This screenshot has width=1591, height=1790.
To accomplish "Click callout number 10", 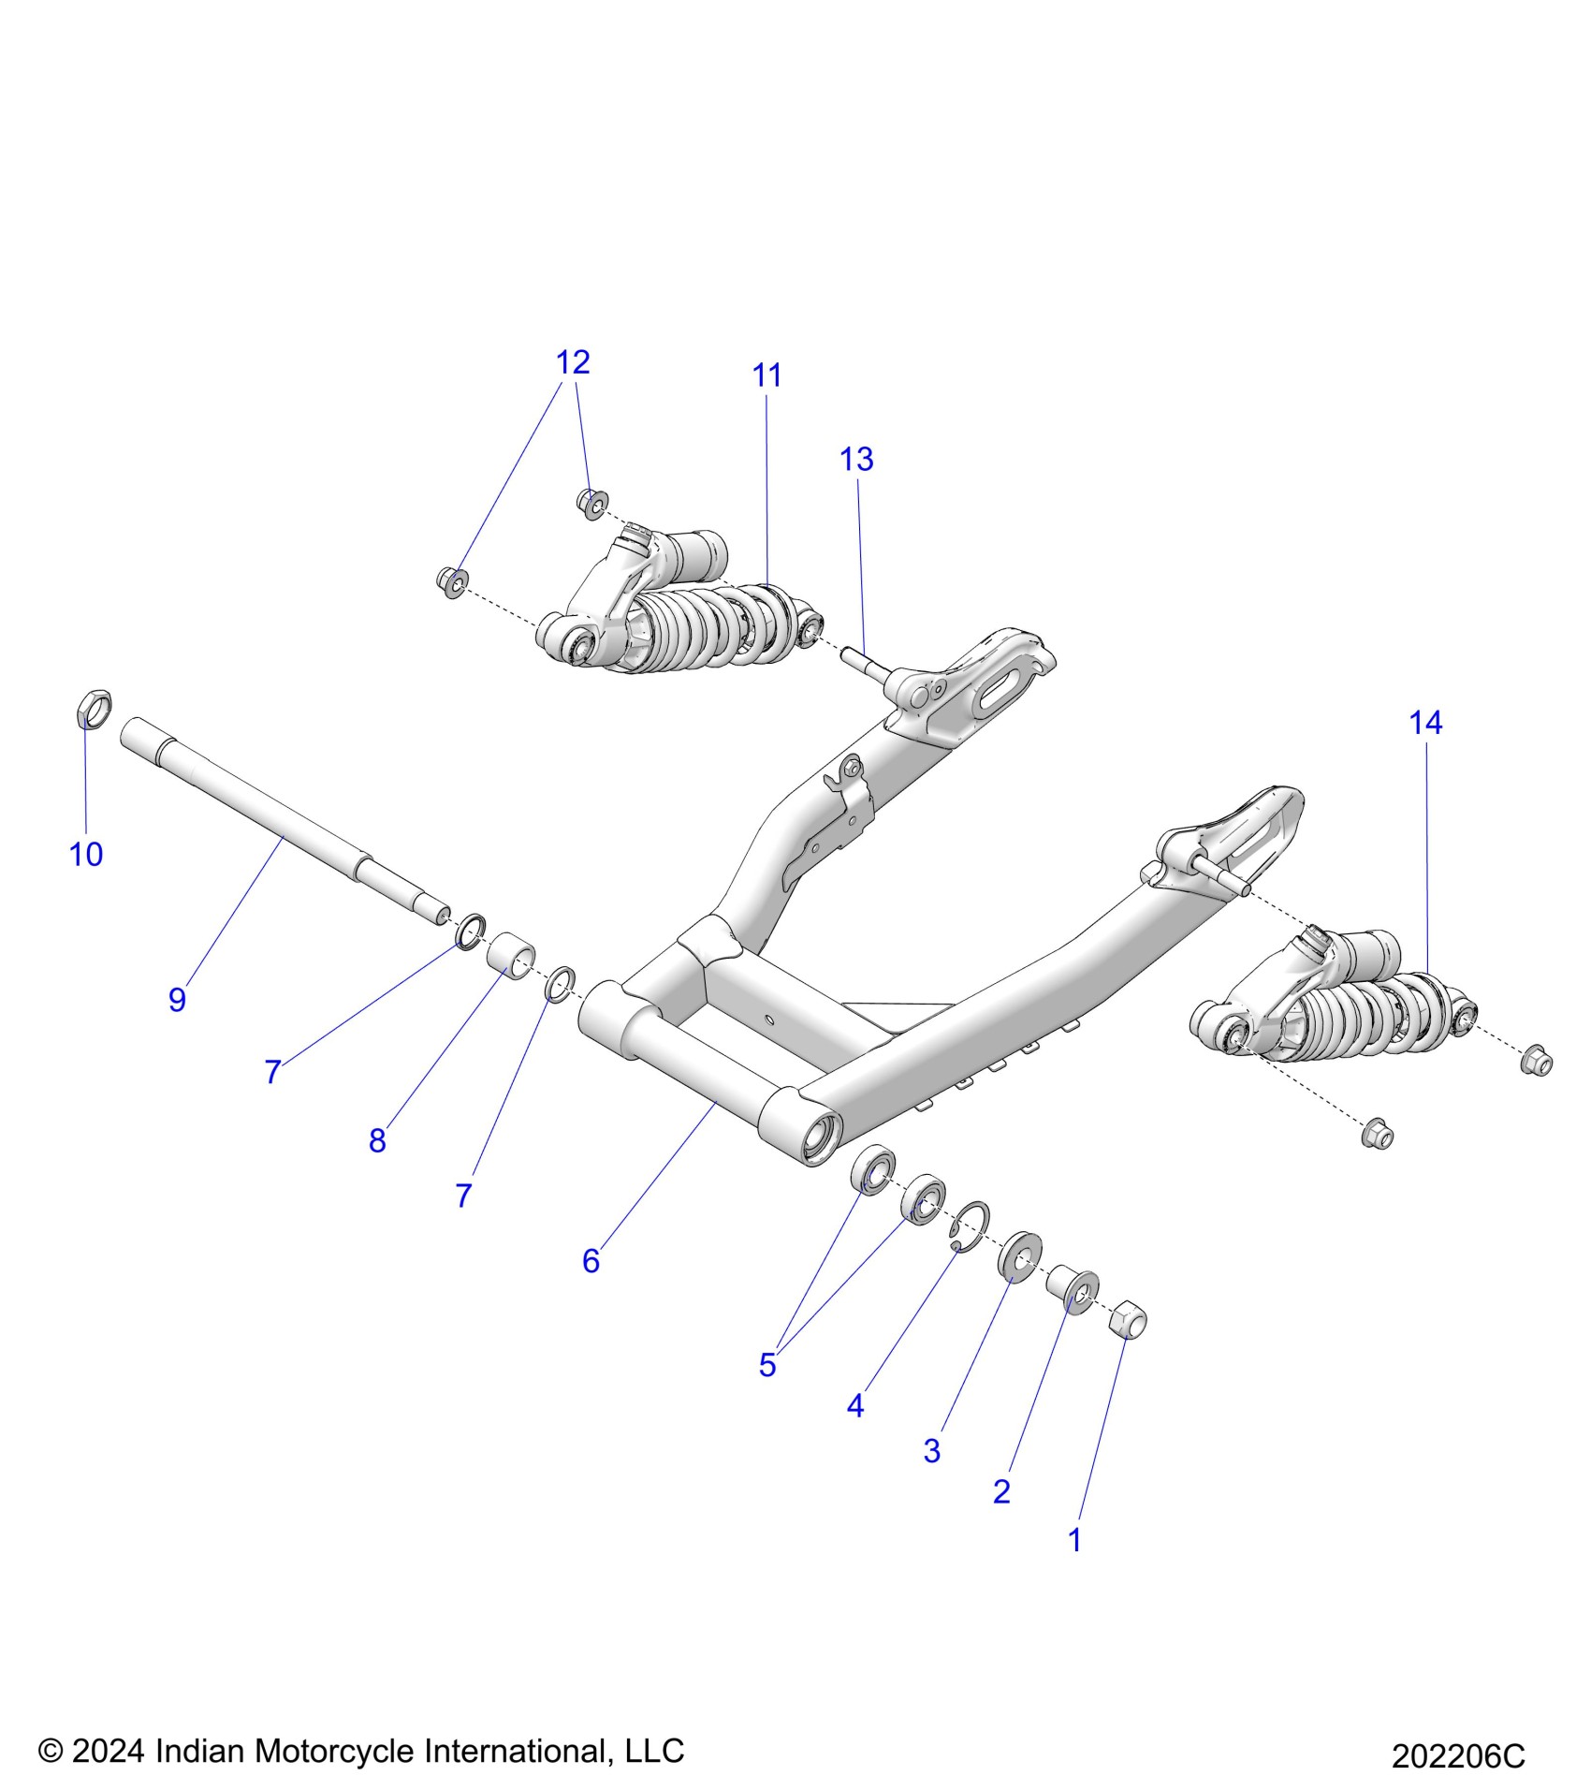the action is point(86,854).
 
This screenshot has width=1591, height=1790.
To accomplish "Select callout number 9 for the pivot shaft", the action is point(177,999).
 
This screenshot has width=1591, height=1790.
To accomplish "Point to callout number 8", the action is point(377,1140).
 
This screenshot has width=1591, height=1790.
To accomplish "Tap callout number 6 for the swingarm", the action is point(591,1261).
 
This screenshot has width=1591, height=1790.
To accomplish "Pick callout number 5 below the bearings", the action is point(767,1365).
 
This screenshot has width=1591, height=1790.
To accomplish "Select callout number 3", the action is point(931,1450).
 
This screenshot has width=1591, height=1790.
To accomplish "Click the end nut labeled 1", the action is point(1127,1319).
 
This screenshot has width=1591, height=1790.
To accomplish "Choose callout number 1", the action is point(1074,1539).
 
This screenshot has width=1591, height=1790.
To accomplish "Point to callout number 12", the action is point(573,362).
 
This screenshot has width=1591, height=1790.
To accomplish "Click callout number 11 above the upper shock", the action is point(766,375).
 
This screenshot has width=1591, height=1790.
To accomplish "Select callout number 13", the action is point(855,459).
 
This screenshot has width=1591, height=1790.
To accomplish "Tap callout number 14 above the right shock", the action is point(1425,723).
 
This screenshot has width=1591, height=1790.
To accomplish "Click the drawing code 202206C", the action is point(1457,1756).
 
